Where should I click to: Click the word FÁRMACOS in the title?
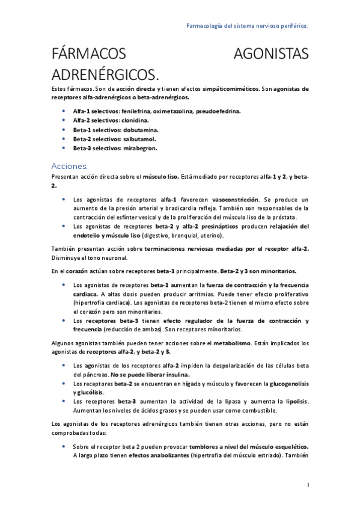[x=89, y=55]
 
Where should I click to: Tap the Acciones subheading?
[x=70, y=165]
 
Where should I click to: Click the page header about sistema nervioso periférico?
[x=248, y=26]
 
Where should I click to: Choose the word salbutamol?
[x=139, y=138]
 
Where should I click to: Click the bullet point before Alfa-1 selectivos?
[x=64, y=111]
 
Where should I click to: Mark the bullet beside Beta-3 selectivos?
[x=64, y=147]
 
